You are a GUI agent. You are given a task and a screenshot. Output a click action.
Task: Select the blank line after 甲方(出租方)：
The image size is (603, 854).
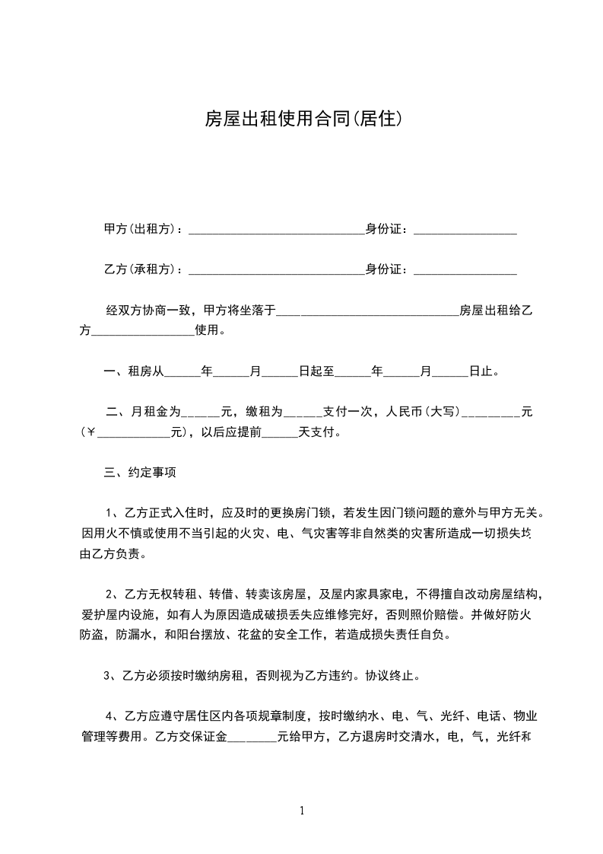(276, 231)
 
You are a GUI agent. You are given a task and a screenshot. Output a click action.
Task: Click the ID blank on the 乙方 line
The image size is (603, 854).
(465, 271)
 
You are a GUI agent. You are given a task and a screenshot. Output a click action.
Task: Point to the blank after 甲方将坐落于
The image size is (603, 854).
(367, 312)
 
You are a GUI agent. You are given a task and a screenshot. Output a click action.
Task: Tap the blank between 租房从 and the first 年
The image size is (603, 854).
(182, 374)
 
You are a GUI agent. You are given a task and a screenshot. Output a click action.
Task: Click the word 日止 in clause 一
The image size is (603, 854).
(481, 372)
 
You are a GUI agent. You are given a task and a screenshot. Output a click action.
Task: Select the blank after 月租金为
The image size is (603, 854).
(199, 414)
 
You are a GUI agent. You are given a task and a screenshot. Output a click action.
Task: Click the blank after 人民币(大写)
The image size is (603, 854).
(490, 414)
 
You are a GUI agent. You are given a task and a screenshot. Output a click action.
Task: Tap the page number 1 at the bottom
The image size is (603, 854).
(302, 811)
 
